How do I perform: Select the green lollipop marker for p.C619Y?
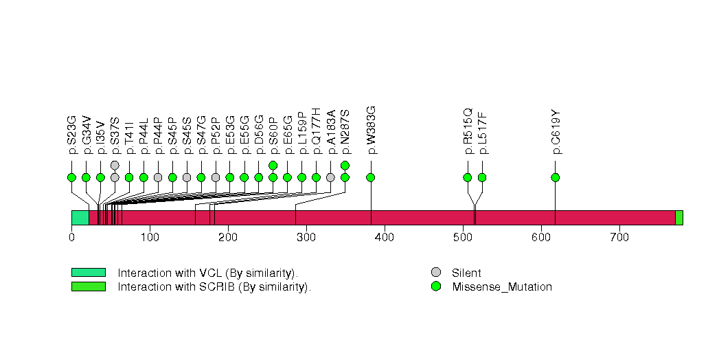555,177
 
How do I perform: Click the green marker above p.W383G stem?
371,177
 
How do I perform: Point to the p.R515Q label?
468,131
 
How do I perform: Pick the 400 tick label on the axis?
385,237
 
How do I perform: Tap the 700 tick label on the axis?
619,237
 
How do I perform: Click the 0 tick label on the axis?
71,237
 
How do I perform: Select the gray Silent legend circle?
435,273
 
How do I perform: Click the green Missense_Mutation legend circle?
435,286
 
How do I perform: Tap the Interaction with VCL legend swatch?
88,273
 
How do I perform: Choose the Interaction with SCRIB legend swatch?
88,286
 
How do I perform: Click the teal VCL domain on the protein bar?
80,218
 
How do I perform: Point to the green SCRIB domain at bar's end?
678,218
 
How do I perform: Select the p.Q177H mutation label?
316,131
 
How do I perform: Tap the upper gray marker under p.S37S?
115,165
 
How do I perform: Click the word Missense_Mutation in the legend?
502,287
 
